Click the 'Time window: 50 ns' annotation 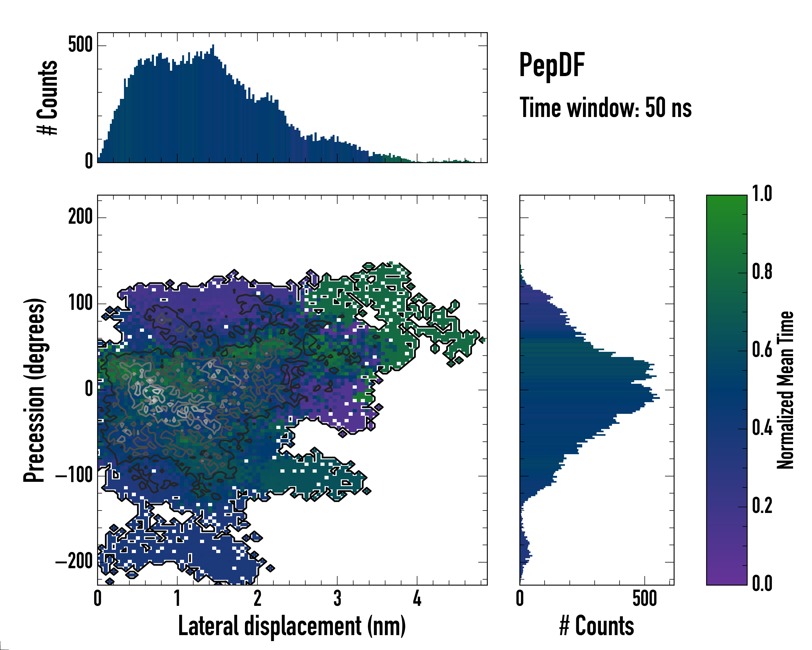605,108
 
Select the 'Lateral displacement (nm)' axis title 292,626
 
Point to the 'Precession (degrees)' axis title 35,390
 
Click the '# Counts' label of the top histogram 47,97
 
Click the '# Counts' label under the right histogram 597,626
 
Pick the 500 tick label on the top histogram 80,45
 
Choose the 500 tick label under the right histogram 644,599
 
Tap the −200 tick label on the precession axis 74,562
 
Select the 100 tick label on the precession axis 80,303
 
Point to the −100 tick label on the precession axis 74,476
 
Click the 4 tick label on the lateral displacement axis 417,599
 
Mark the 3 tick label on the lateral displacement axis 337,599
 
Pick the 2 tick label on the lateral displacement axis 257,599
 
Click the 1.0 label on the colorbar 762,194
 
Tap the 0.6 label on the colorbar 762,350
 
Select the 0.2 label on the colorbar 762,506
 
